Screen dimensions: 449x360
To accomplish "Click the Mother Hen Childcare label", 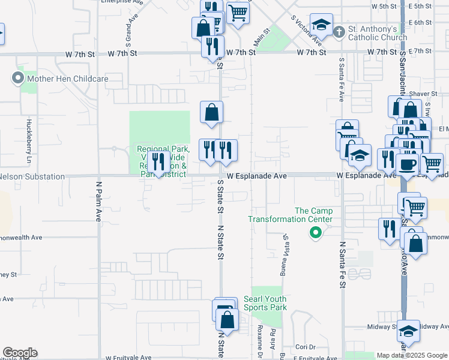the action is [x=67, y=78].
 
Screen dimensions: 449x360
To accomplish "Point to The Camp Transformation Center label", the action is [x=313, y=215].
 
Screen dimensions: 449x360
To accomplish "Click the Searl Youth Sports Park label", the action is [x=265, y=303].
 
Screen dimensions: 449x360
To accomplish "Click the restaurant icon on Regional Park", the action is [x=158, y=161].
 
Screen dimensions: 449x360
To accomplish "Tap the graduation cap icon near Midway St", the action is [x=408, y=331].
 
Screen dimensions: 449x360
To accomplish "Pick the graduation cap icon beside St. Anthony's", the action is [x=321, y=25].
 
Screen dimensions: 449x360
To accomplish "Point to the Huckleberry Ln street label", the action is [x=28, y=142].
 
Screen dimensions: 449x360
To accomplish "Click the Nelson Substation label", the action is [x=32, y=176].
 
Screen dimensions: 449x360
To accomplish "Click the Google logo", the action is [x=20, y=353].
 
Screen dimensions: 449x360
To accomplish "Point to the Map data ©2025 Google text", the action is [x=411, y=355].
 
